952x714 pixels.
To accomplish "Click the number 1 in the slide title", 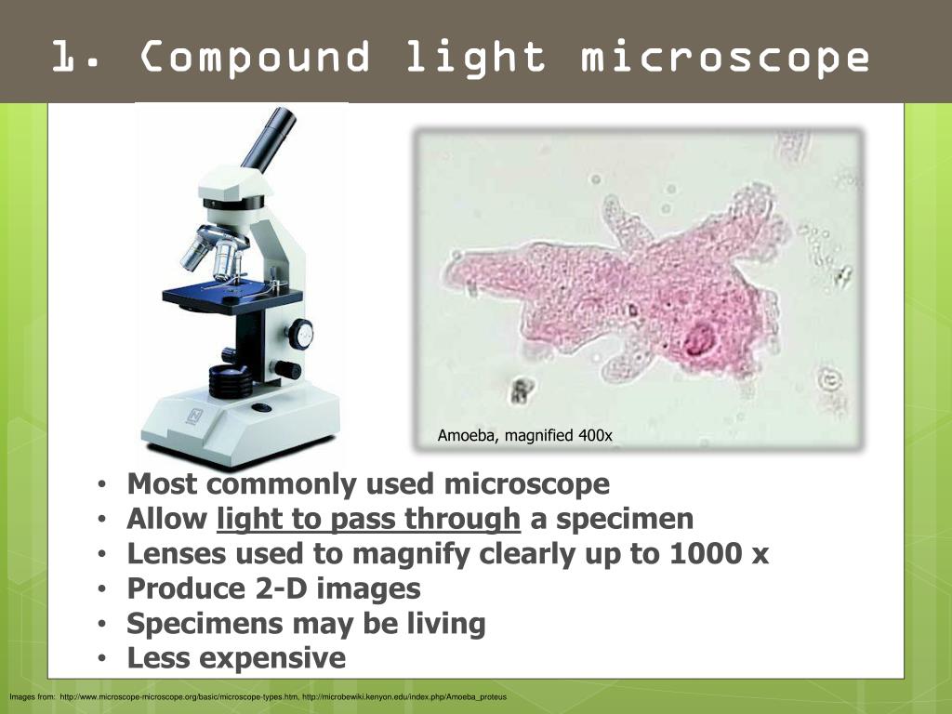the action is point(67,57).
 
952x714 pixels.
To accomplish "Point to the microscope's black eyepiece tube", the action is point(269,138).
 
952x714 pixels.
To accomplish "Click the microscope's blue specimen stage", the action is point(232,297).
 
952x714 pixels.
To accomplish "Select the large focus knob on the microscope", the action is point(300,334).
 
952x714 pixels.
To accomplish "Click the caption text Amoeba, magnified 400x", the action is point(524,435).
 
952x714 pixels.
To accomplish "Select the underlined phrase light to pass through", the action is point(368,519).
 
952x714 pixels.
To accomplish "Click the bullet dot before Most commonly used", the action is point(102,484).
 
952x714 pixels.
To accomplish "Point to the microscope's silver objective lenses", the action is point(215,251).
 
